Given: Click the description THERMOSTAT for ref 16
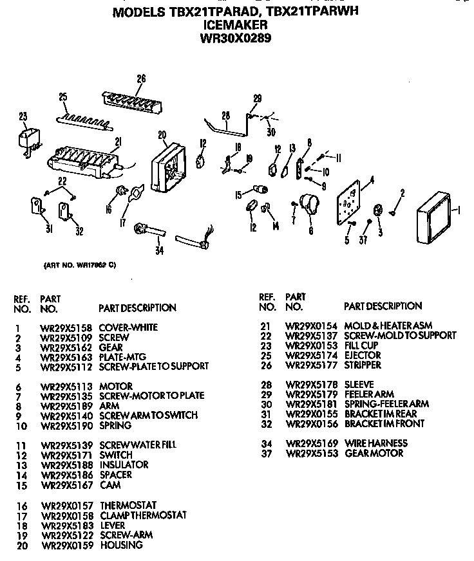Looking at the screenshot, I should click(x=128, y=505).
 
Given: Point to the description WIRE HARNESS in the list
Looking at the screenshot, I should click(x=375, y=443).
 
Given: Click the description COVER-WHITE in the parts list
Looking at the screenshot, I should click(x=128, y=327).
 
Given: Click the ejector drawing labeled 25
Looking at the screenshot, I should click(x=82, y=119).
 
